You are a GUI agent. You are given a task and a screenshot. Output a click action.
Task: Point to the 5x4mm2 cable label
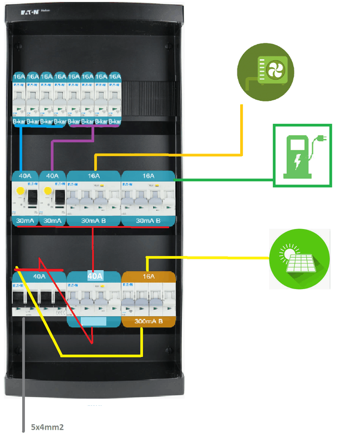(x=48, y=427)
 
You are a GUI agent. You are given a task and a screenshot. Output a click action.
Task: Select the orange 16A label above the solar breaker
(x=148, y=276)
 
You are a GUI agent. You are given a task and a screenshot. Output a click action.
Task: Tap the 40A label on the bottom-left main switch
(x=39, y=276)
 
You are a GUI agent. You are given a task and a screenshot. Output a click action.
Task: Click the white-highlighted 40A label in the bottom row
(x=95, y=276)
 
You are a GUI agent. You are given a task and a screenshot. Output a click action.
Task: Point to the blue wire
(x=21, y=149)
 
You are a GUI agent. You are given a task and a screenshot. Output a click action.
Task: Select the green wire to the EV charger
(x=228, y=178)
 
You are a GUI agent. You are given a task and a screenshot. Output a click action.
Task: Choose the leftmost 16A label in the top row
(x=19, y=76)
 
